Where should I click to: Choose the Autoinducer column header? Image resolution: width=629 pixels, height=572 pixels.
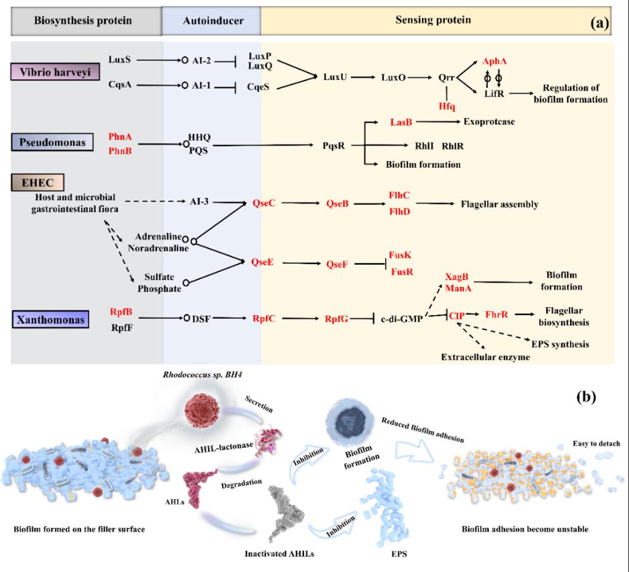[x=213, y=21]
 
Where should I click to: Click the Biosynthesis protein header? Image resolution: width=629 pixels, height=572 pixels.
[x=83, y=21]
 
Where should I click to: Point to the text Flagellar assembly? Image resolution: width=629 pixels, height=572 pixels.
[x=499, y=204]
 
